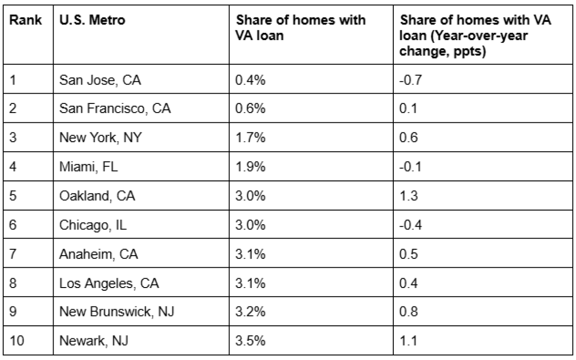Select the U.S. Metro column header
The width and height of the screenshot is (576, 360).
(86, 21)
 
